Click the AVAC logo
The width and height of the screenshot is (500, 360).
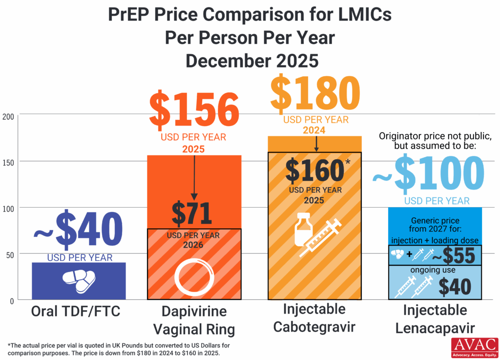point(474,348)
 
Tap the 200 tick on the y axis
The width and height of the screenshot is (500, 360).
point(9,116)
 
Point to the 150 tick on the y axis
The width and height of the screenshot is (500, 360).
point(9,162)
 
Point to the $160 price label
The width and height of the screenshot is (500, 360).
point(315,170)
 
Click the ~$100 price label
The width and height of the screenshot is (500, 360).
point(429,173)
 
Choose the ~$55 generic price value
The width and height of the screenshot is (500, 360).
point(455,256)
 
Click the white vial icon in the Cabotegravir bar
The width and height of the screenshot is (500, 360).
point(303,228)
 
